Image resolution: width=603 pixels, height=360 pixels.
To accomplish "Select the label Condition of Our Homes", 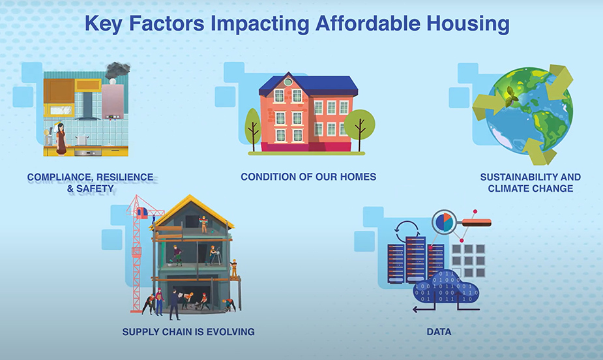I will [308, 177].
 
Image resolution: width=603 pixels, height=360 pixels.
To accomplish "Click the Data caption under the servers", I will [439, 332].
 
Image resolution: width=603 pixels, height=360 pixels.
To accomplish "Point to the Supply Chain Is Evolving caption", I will [188, 332].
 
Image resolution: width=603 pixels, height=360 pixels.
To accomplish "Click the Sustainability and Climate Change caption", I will [530, 183].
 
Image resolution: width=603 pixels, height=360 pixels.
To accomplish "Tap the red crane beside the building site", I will [138, 254].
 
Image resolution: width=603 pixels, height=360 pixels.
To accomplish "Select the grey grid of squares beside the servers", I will [469, 260].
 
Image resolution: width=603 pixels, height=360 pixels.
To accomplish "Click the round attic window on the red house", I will [288, 82].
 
